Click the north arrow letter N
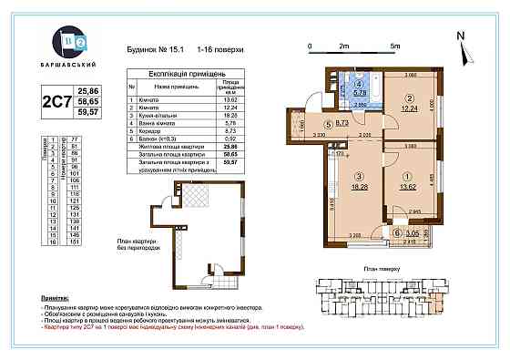[462, 36]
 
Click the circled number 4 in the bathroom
[358, 82]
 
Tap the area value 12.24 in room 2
[410, 108]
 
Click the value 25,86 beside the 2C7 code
[88, 92]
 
